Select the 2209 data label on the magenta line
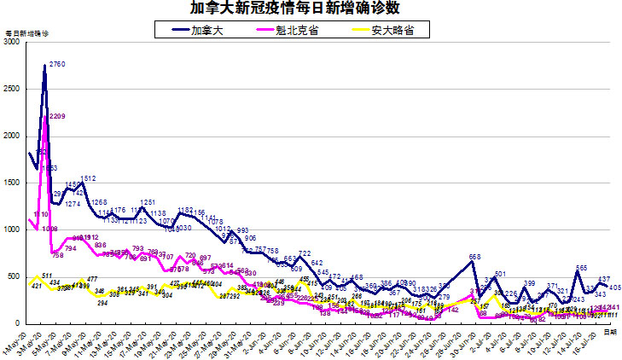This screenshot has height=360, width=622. tap(58, 116)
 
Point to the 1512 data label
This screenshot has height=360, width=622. tap(88, 178)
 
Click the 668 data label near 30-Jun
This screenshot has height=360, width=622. tap(475, 257)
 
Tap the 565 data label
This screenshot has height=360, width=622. tap(581, 268)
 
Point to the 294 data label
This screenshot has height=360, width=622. tap(102, 303)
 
